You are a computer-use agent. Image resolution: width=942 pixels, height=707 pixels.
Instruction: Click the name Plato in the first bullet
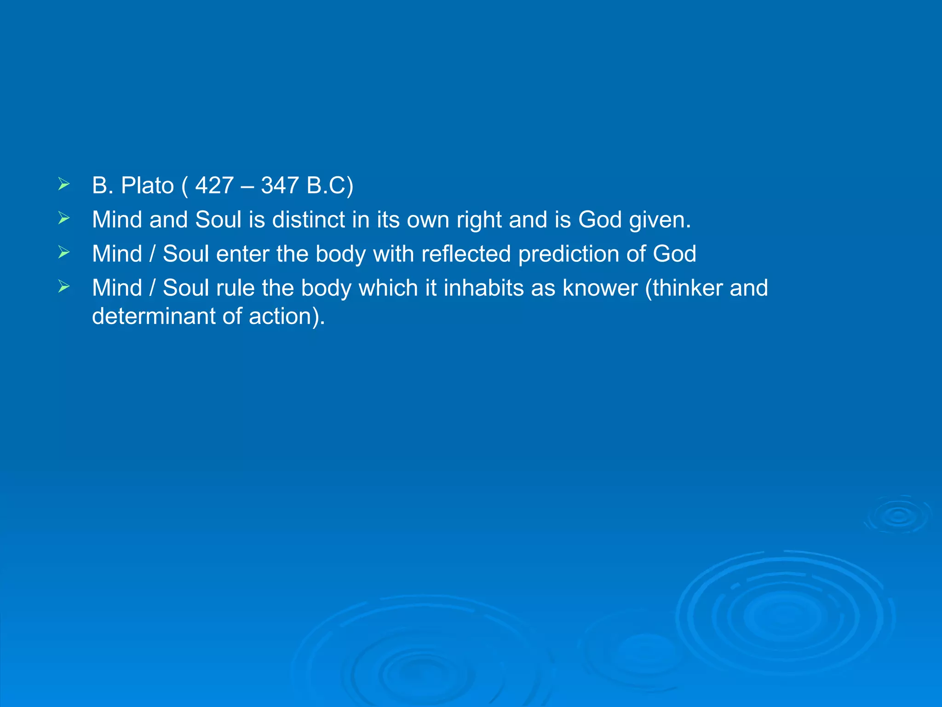(147, 185)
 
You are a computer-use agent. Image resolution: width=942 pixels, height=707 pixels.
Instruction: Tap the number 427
(214, 185)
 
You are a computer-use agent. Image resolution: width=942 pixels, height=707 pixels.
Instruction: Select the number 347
(280, 185)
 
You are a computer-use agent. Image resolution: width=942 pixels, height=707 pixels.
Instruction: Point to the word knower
(600, 288)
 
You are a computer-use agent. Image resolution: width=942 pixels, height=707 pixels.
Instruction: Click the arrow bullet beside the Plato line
(64, 185)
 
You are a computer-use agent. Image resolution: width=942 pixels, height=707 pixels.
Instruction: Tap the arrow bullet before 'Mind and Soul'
(64, 219)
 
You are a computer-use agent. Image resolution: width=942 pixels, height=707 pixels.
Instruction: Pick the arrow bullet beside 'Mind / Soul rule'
(64, 287)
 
